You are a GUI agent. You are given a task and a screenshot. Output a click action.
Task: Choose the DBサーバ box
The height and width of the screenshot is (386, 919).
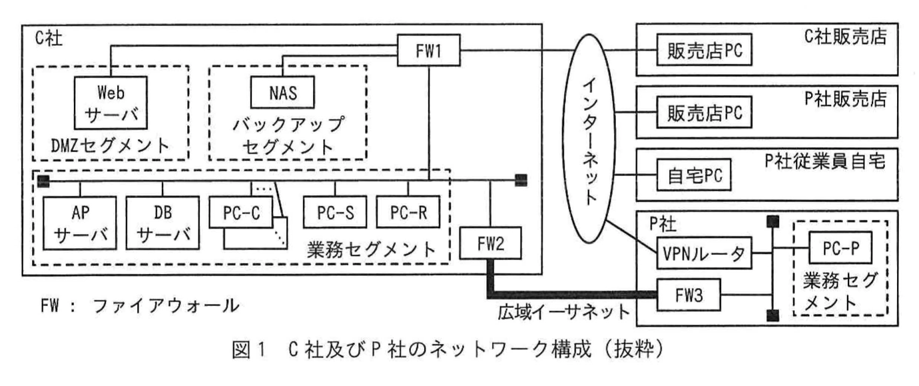point(158,223)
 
